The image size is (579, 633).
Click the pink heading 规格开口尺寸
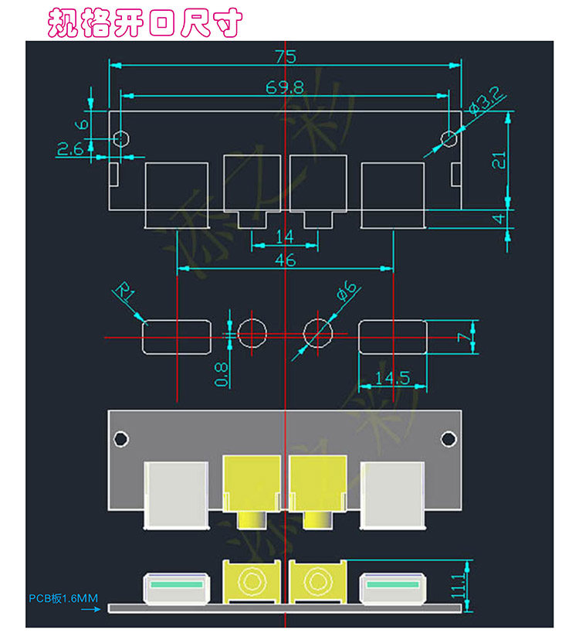145,23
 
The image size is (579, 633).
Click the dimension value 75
286,57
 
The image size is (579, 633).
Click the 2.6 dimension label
70,149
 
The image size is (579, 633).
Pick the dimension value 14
284,237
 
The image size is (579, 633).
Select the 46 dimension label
285,260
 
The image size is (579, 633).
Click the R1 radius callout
124,294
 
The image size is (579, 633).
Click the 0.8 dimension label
222,374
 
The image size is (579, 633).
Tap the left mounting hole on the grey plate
120,439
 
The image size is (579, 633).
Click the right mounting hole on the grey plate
449,439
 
